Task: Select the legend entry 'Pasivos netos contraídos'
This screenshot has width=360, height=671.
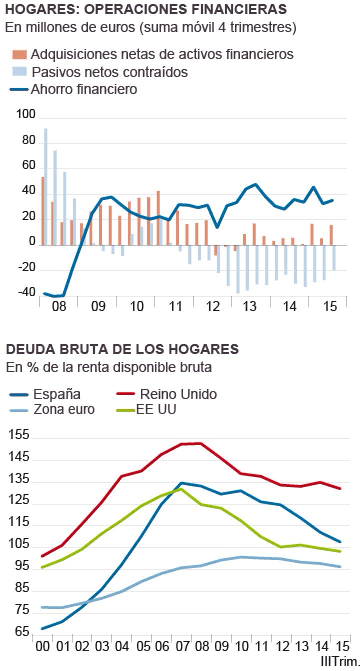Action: tap(109, 72)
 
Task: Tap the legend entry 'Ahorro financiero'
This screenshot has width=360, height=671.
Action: tap(84, 89)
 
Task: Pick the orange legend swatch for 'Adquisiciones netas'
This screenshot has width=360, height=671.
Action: tap(19, 54)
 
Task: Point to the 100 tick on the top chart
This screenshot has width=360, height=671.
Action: tap(26, 115)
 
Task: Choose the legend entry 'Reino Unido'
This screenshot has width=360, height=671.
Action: tap(178, 394)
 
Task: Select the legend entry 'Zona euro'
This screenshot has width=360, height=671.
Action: tap(64, 409)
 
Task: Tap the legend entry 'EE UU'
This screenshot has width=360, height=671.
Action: tap(156, 409)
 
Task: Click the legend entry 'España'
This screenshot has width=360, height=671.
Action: tap(56, 394)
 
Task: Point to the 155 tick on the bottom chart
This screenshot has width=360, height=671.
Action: tap(19, 435)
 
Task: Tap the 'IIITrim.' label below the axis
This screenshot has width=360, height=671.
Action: tap(339, 661)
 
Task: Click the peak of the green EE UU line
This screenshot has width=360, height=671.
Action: tap(181, 489)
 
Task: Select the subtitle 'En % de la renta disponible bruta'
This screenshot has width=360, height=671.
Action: tap(108, 367)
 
